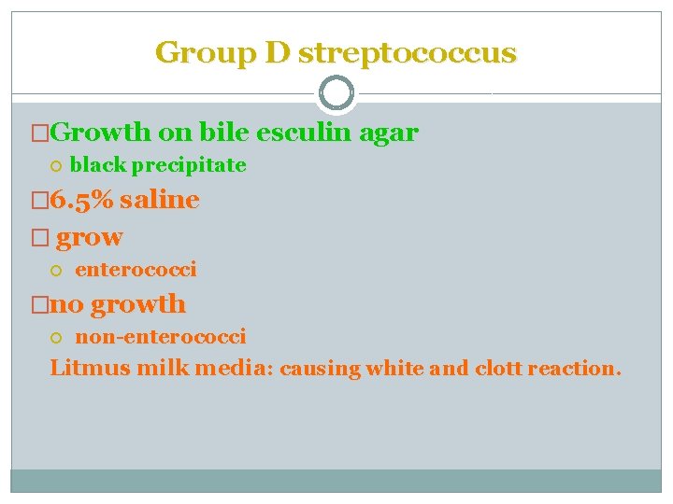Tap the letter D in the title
click(278, 52)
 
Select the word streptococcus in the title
click(407, 52)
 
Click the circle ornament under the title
click(336, 93)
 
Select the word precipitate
click(189, 166)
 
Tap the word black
click(98, 166)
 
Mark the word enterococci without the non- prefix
click(136, 270)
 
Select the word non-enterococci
click(161, 336)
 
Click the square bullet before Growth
click(38, 133)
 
